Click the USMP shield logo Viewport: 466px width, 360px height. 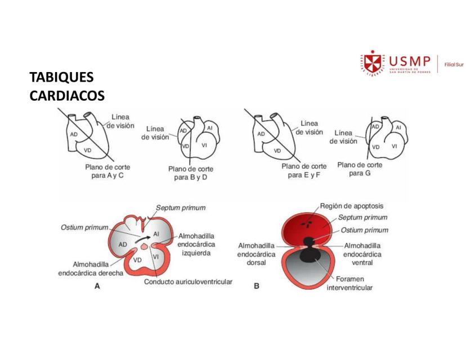(x=373, y=63)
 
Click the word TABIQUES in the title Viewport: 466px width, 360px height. (x=61, y=77)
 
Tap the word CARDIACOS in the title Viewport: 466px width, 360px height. (x=67, y=96)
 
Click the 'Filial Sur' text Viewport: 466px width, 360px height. (x=454, y=65)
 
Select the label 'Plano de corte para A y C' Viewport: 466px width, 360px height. (x=107, y=171)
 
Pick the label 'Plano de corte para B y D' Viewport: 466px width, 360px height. (x=191, y=173)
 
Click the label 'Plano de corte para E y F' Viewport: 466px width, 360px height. (x=304, y=170)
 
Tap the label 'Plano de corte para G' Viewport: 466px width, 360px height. (x=360, y=169)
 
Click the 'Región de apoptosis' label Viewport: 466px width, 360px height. (x=352, y=206)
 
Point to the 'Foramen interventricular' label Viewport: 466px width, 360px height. (x=349, y=283)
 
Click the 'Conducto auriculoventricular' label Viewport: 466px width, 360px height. (x=188, y=282)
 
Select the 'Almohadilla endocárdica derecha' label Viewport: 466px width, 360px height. (x=91, y=268)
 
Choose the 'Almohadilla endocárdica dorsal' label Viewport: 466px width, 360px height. (x=256, y=254)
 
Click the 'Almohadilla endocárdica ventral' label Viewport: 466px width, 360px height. (x=362, y=254)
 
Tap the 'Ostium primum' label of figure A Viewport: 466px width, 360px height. (x=84, y=227)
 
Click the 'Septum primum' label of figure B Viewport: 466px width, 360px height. (x=362, y=218)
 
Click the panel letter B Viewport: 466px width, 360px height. (x=257, y=286)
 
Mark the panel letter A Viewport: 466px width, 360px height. (x=97, y=286)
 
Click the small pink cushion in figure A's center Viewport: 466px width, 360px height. (x=144, y=246)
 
